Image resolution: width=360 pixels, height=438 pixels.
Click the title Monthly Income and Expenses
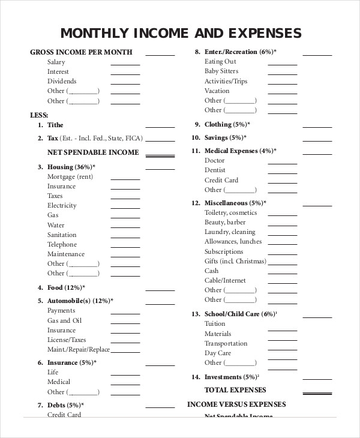point(181,32)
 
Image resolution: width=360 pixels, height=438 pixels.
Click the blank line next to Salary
point(125,64)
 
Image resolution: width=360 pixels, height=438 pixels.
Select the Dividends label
point(62,81)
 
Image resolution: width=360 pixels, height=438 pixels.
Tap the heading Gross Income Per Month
point(81,52)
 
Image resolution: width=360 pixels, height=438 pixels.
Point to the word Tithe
point(55,125)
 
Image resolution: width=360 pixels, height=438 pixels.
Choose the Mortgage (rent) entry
point(70,176)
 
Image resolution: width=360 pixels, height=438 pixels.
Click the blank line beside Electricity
point(125,208)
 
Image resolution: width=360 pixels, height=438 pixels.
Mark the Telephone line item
point(62,244)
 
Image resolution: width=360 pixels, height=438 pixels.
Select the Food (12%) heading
point(65,288)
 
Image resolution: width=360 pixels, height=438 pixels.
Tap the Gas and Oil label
point(65,320)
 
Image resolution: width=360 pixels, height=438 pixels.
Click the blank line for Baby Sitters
point(282,74)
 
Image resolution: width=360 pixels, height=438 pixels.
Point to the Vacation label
point(217,91)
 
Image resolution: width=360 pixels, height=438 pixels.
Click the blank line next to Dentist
point(282,173)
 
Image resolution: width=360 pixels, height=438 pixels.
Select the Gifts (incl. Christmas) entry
point(235,261)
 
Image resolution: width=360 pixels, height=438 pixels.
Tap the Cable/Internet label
point(225,280)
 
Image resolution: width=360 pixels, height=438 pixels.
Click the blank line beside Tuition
point(282,326)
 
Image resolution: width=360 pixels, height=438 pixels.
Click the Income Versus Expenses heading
point(236,404)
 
